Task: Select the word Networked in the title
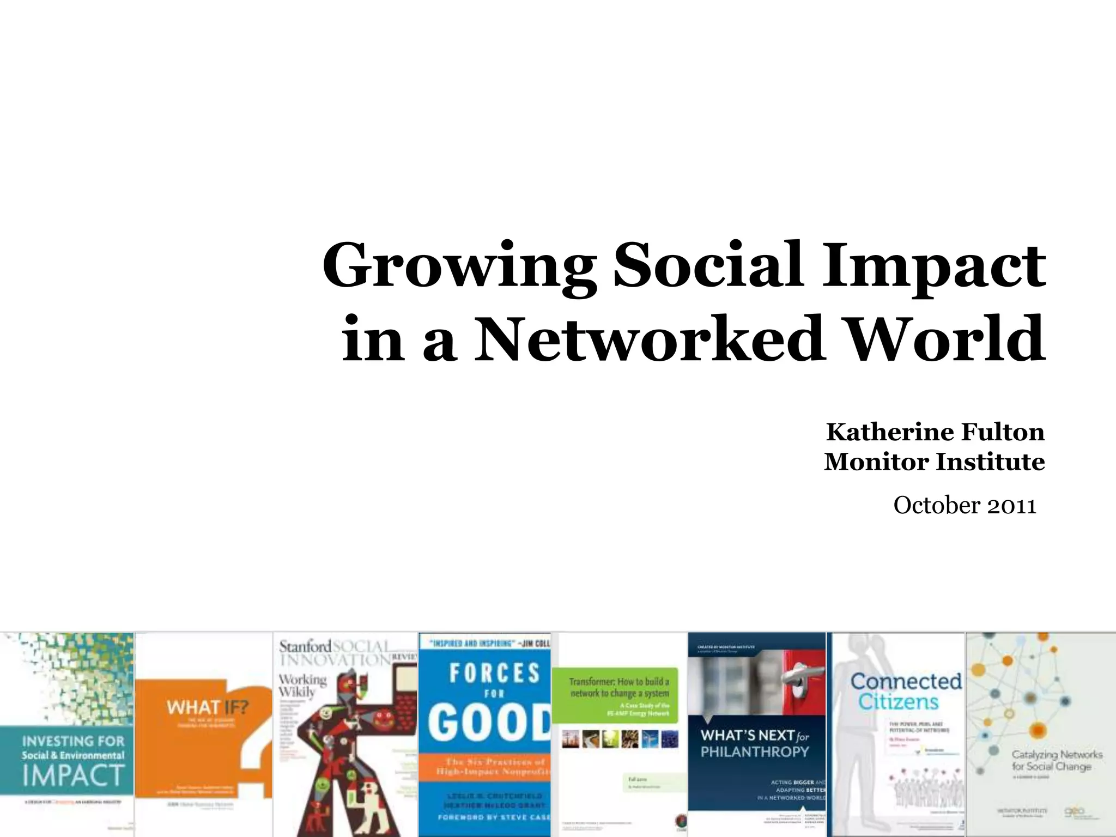coord(649,339)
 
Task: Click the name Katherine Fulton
coord(935,432)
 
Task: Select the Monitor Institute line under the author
coord(934,462)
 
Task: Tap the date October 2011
coord(964,506)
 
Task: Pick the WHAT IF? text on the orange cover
coord(207,707)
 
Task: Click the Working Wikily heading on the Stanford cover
coord(302,686)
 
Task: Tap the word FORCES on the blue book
coord(494,674)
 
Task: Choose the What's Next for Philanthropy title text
coord(755,743)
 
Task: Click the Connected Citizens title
coord(905,691)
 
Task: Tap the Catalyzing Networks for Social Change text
coord(1056,760)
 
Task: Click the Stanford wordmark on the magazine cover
coord(305,647)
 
